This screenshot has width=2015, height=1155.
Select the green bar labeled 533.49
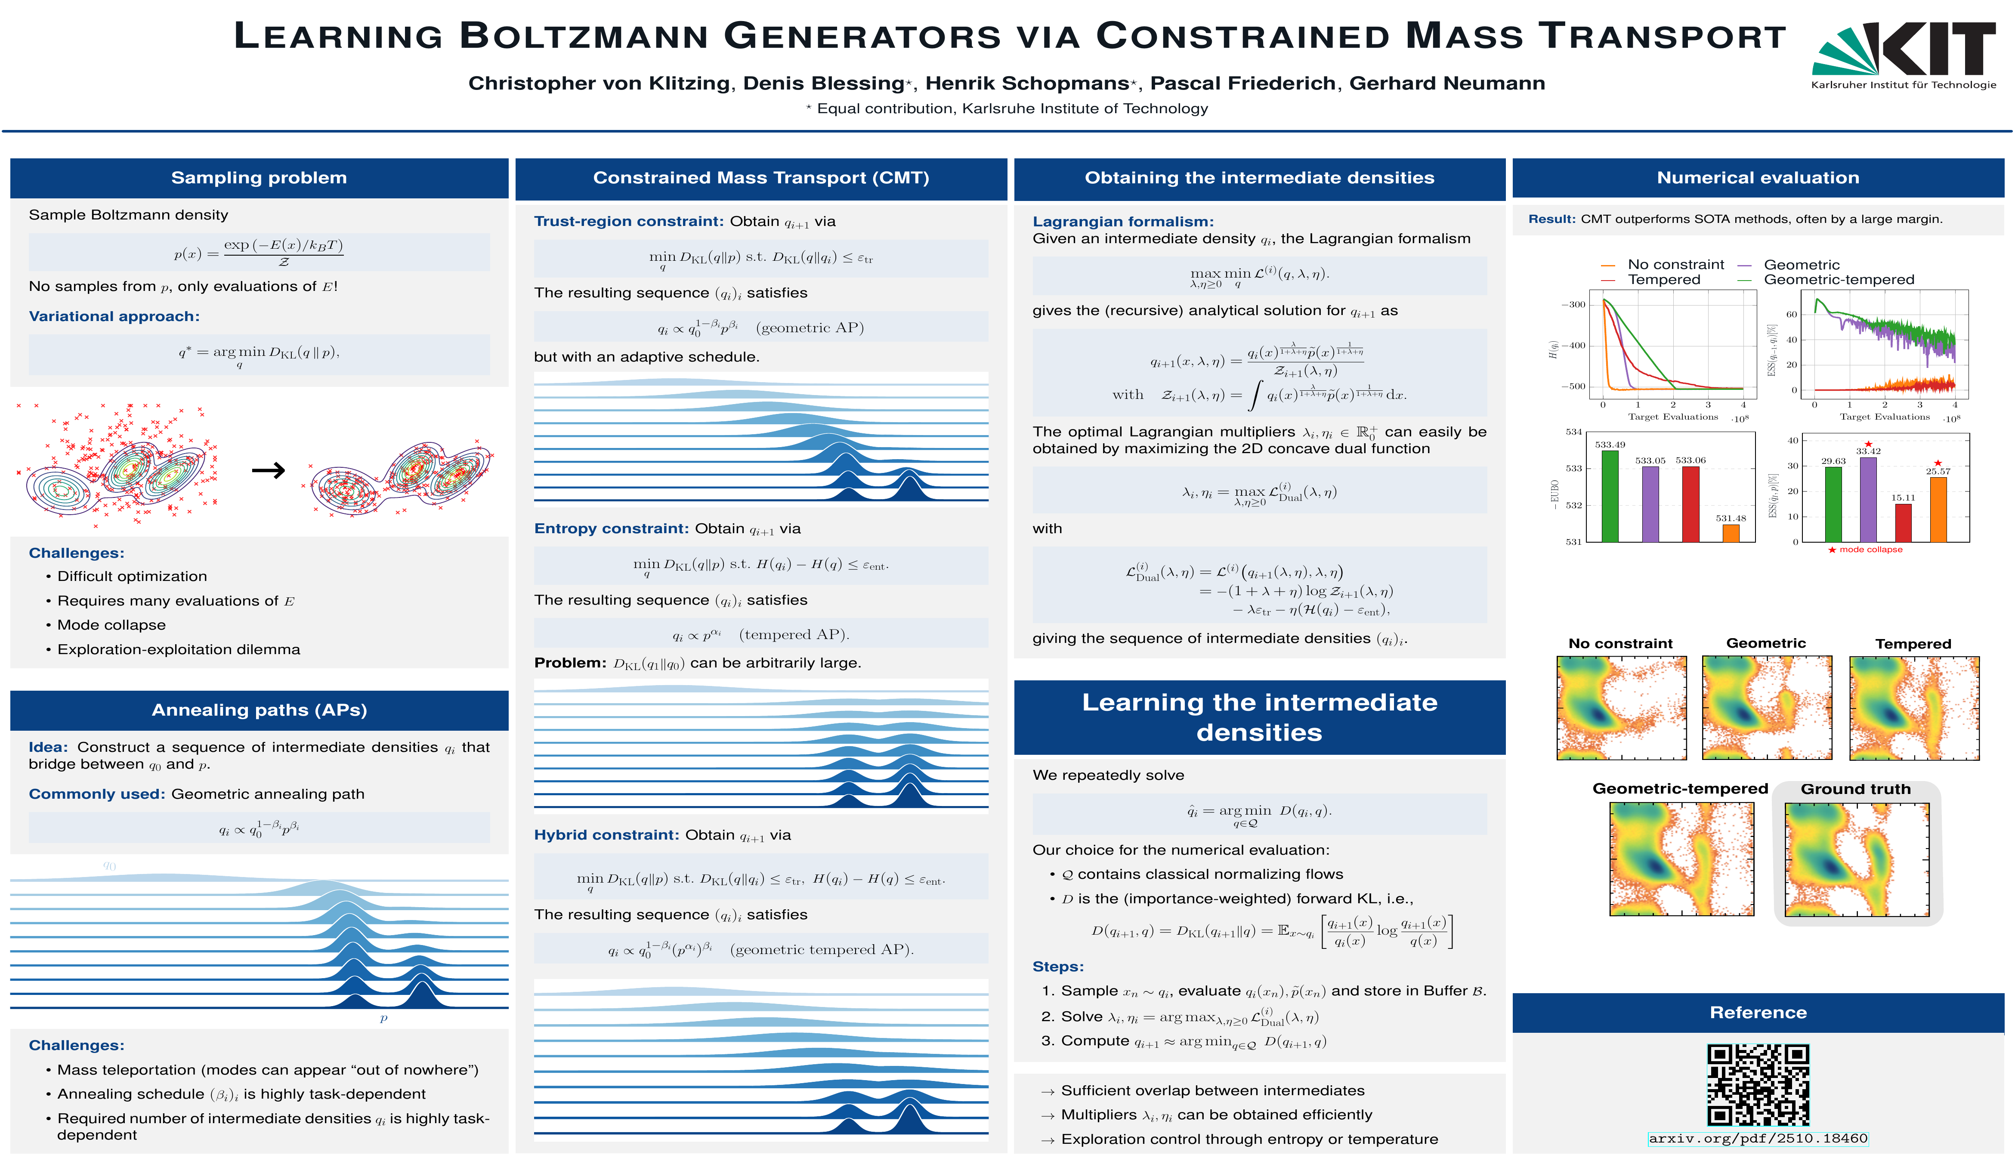[1610, 496]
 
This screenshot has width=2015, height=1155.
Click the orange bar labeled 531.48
[1730, 533]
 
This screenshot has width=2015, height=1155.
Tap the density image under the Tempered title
[1913, 707]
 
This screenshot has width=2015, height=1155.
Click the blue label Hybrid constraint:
[606, 835]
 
